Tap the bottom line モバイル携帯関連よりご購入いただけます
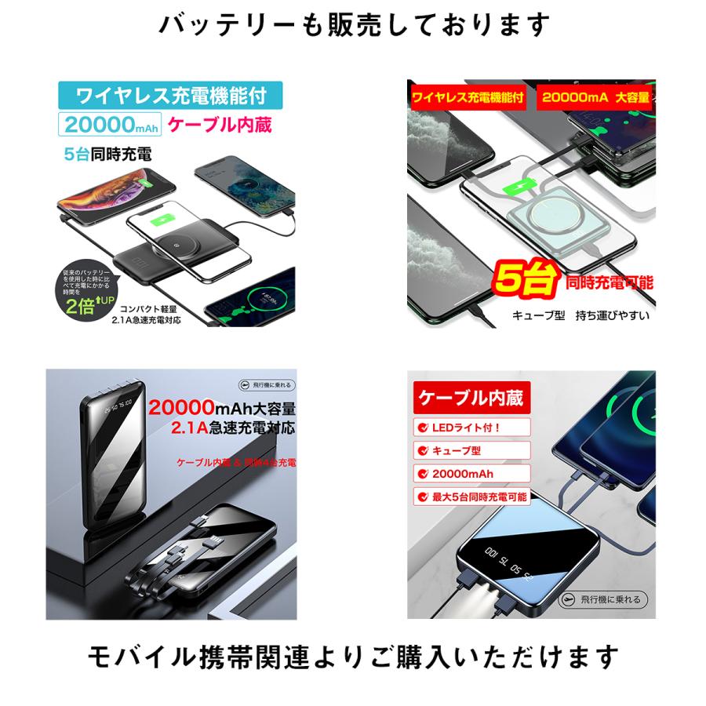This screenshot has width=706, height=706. pyautogui.click(x=353, y=656)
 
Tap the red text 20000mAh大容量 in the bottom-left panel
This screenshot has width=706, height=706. pyautogui.click(x=221, y=409)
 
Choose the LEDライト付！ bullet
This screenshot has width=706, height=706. pyautogui.click(x=463, y=428)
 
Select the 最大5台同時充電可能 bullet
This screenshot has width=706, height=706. pyautogui.click(x=471, y=496)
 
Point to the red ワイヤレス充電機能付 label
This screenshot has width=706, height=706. pyautogui.click(x=468, y=98)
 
